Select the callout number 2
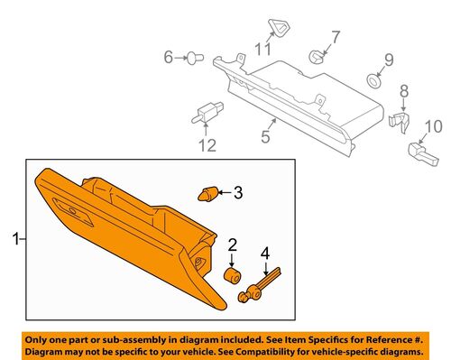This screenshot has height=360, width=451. click(x=232, y=244)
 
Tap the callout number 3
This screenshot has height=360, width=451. click(x=238, y=191)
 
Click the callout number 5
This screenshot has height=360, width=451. click(x=265, y=137)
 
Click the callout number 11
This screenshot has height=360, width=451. click(x=262, y=48)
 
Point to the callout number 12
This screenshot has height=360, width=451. click(x=209, y=144)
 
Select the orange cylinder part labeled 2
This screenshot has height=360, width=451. click(x=233, y=274)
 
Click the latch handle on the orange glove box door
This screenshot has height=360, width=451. click(x=71, y=209)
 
